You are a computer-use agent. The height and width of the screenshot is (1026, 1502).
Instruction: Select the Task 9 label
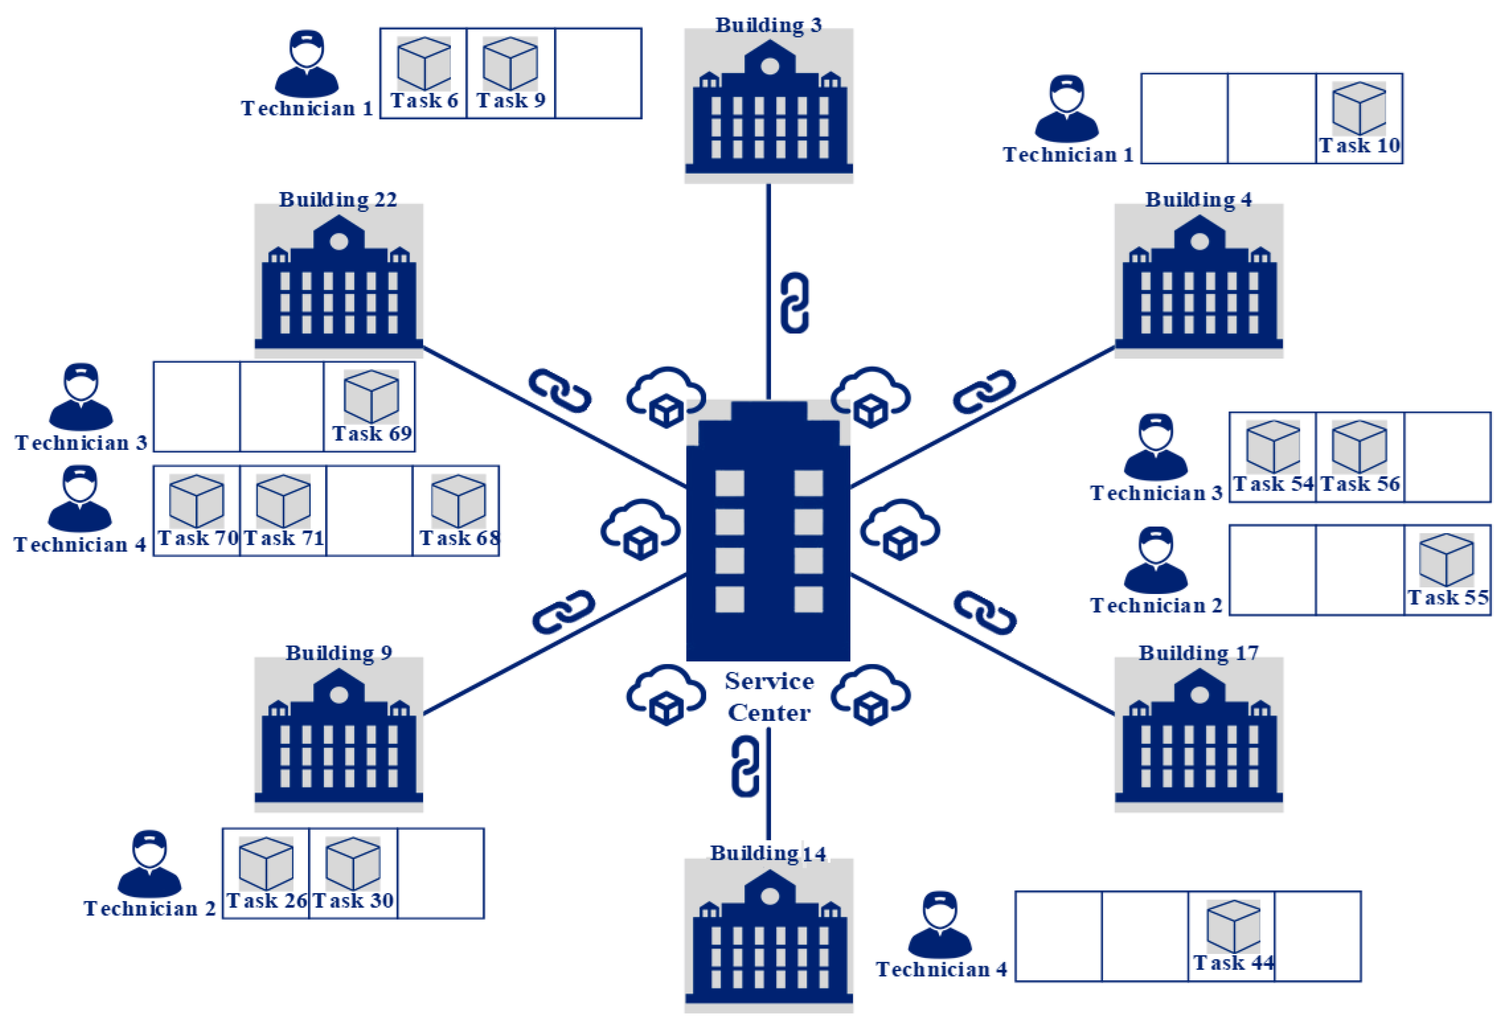click(x=510, y=101)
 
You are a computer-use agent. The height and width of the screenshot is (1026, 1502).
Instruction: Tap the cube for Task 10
click(x=1359, y=108)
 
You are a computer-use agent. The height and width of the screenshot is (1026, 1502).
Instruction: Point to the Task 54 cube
click(x=1272, y=447)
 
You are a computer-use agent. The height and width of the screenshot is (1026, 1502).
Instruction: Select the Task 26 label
click(x=266, y=901)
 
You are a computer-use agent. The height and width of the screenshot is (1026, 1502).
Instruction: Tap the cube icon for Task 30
click(x=353, y=864)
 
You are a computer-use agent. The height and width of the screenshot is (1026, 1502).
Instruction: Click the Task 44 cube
click(x=1233, y=926)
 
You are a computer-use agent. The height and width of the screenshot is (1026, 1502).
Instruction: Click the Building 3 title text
click(x=768, y=25)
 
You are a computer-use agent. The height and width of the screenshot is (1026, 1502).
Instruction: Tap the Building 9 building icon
click(x=339, y=735)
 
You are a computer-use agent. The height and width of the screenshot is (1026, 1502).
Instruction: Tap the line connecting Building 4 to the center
click(x=1047, y=384)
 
